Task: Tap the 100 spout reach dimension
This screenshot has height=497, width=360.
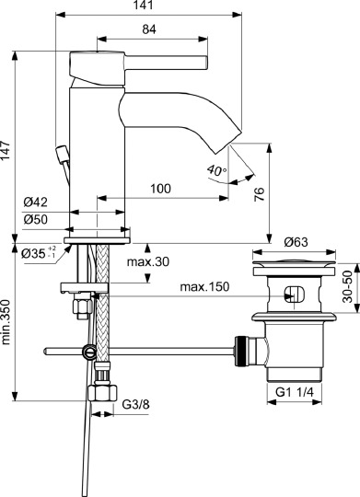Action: pos(160,189)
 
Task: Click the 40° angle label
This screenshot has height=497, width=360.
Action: pos(215,170)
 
